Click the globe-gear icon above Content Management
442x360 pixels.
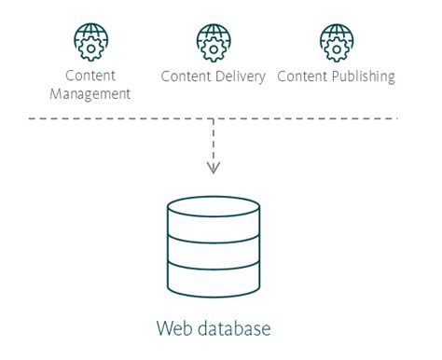point(90,41)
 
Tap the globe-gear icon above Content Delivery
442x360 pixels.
point(213,41)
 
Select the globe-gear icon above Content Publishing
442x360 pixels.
point(337,41)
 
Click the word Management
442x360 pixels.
point(90,93)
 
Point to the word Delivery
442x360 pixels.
point(242,76)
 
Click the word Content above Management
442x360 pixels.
point(90,76)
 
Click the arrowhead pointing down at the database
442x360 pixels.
point(214,169)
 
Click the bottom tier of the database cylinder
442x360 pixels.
point(214,277)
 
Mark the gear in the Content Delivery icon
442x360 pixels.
point(213,45)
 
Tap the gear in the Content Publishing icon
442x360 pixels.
point(337,45)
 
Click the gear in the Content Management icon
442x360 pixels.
point(90,45)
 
